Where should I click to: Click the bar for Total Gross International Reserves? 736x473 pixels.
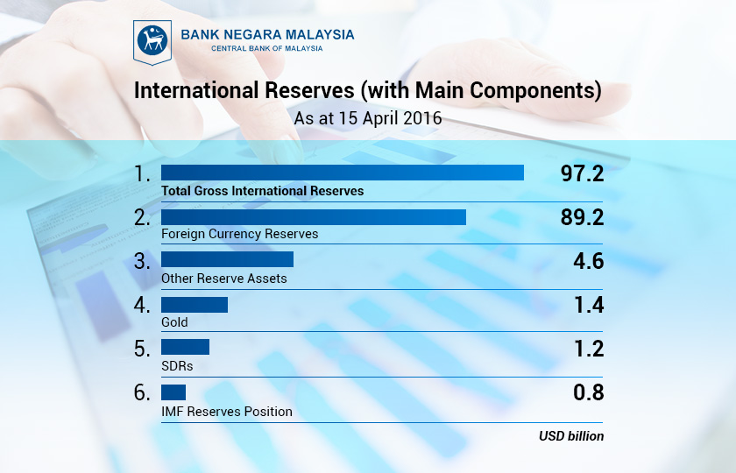(x=342, y=173)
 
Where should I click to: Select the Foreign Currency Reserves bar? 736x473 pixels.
(x=313, y=216)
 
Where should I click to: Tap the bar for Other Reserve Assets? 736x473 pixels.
(x=227, y=260)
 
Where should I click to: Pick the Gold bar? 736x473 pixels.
(x=194, y=305)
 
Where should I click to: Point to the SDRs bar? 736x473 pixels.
(x=185, y=347)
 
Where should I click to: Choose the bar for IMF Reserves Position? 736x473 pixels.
(x=173, y=392)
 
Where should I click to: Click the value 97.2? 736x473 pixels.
(x=582, y=173)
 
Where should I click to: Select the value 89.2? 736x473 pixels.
(x=582, y=217)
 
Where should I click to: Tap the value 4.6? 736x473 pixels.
(x=589, y=261)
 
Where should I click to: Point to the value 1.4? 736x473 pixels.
(x=589, y=305)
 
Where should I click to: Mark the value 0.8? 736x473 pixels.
(x=589, y=392)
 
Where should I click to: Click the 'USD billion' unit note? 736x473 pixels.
(x=570, y=435)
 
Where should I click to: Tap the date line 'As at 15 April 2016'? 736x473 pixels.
(x=367, y=116)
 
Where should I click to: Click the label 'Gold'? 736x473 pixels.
(x=174, y=322)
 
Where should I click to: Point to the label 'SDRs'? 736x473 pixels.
(x=177, y=366)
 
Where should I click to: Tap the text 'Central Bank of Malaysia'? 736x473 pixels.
(x=266, y=49)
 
